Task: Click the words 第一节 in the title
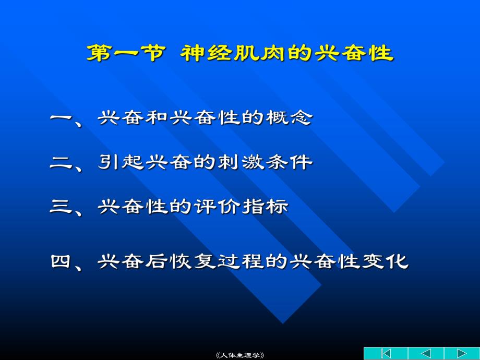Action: click(x=126, y=53)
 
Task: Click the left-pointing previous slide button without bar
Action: click(x=426, y=353)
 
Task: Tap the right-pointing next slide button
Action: click(x=461, y=353)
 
